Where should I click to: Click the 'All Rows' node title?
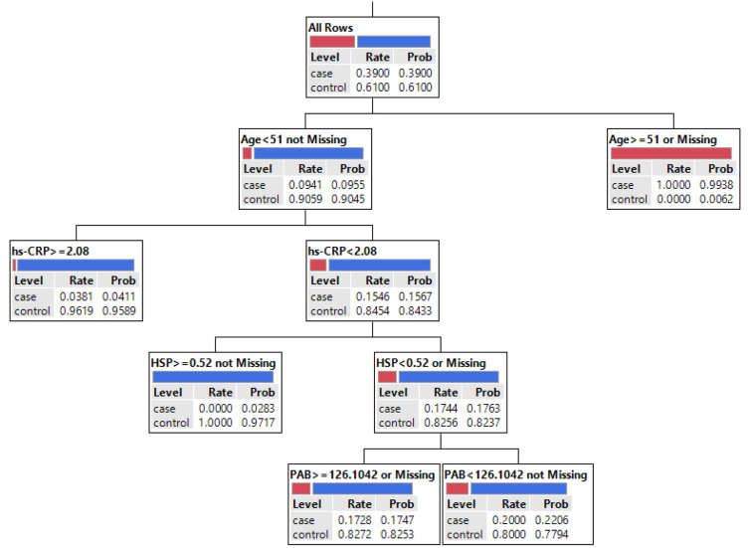click(x=330, y=28)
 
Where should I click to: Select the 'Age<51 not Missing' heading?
click(x=293, y=139)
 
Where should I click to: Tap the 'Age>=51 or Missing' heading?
click(x=662, y=139)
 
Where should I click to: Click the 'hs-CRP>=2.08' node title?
click(x=51, y=251)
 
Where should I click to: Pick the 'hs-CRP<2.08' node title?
click(x=342, y=251)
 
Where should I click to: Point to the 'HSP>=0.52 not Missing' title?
click(x=213, y=363)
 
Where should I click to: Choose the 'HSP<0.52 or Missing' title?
click(x=431, y=363)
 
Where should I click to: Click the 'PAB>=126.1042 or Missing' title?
click(x=362, y=474)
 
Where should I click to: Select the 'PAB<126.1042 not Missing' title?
click(x=515, y=474)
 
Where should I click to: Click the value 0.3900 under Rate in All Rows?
click(x=373, y=73)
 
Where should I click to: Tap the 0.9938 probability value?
click(x=716, y=185)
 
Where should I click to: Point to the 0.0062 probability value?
click(x=716, y=199)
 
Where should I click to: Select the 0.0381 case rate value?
click(x=77, y=296)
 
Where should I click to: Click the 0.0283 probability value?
click(x=258, y=408)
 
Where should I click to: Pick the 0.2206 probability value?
click(x=551, y=520)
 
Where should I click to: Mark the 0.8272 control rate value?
click(x=354, y=534)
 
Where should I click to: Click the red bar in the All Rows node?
click(x=332, y=42)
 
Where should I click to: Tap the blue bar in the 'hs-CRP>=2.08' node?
click(x=76, y=266)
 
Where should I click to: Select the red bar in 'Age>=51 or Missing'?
click(x=671, y=153)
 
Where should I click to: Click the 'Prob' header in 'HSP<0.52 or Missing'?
click(x=487, y=392)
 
